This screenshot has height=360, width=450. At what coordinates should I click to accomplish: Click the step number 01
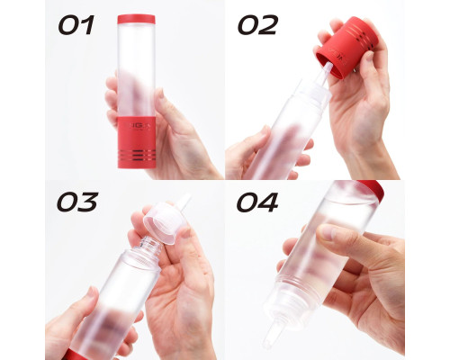76,25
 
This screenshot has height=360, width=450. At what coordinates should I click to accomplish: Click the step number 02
258,25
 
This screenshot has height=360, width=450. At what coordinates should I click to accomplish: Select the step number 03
77,202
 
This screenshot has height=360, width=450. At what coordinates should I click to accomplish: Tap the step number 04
257,202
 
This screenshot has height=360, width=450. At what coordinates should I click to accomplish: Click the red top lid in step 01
136,19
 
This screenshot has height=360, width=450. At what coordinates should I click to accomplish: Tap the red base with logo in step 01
137,142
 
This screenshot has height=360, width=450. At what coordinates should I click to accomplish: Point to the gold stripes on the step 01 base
137,155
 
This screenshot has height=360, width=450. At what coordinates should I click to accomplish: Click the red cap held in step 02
346,48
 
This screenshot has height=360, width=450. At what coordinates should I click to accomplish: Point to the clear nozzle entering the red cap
325,73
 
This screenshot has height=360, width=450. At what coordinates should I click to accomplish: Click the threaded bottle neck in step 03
150,246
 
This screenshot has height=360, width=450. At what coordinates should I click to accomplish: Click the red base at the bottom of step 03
72,355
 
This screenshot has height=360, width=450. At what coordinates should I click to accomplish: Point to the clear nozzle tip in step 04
271,336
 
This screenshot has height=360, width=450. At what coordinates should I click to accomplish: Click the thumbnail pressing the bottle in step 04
327,231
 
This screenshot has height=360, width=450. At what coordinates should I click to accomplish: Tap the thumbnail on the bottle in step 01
160,94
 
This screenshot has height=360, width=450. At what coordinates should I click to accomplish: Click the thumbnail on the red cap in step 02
370,56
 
